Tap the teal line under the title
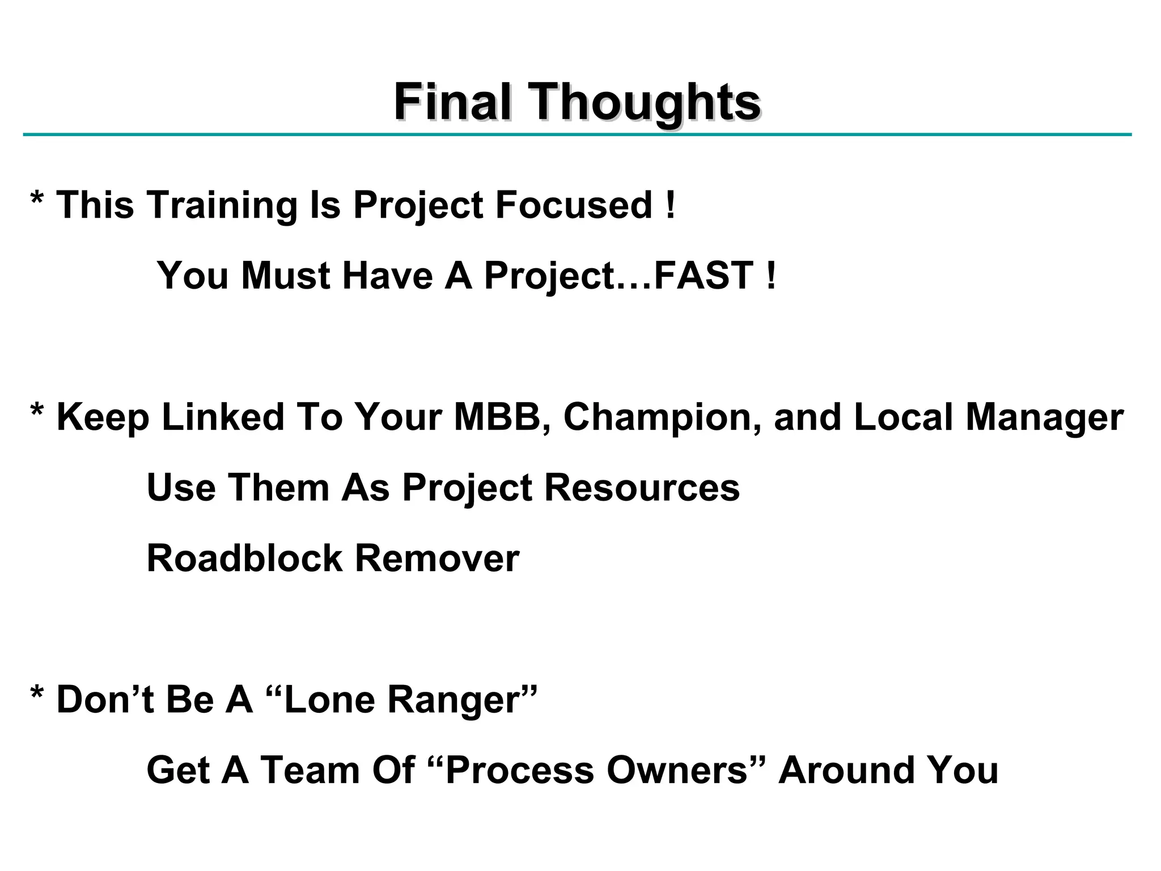pos(577,135)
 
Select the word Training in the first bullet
pos(222,205)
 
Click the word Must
pos(286,276)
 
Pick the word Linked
pos(222,417)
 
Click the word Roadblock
pos(244,559)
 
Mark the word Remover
pos(437,559)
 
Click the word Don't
pos(105,699)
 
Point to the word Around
pos(844,771)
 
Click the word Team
pos(310,771)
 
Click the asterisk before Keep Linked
pos(37,409)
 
